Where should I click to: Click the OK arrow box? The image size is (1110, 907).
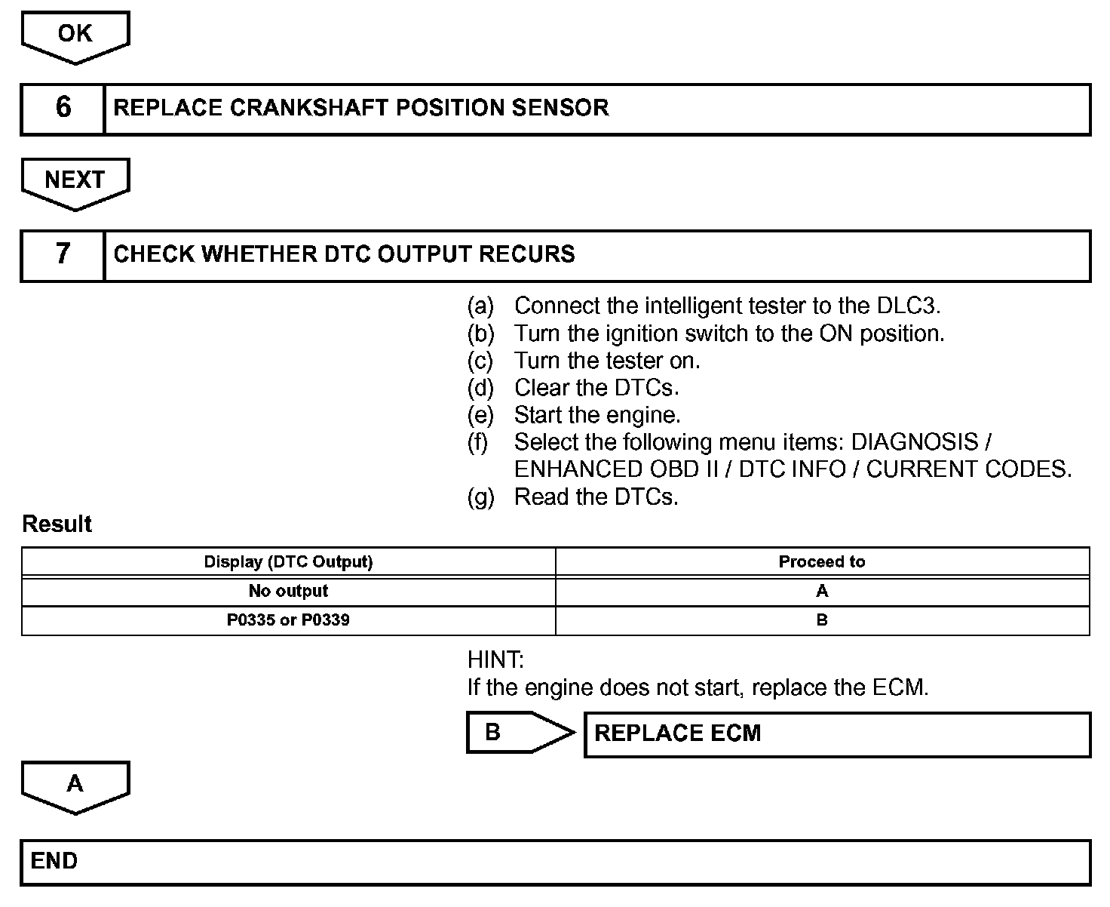coord(75,35)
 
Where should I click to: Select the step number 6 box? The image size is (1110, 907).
coord(63,109)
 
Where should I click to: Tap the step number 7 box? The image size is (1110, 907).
coord(63,255)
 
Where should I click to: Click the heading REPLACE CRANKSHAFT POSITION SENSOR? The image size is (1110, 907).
coord(360,108)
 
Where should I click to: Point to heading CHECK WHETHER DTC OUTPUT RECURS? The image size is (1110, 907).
coord(344,254)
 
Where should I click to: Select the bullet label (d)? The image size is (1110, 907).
coord(480,388)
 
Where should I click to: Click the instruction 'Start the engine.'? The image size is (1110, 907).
coord(597,415)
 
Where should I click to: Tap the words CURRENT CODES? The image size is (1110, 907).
coord(968,469)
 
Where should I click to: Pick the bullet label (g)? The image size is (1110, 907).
coord(480,497)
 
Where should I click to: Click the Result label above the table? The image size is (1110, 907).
coord(57,524)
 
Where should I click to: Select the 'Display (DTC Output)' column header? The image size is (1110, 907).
coord(288,562)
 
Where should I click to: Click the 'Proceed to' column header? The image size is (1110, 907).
coord(821,562)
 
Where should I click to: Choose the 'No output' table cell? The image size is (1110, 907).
coord(288,591)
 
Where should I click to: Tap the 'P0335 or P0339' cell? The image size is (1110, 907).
coord(288,620)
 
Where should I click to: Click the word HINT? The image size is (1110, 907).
coord(495,660)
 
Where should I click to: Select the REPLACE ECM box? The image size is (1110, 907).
coord(837,733)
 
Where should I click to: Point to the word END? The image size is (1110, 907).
coord(54,861)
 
